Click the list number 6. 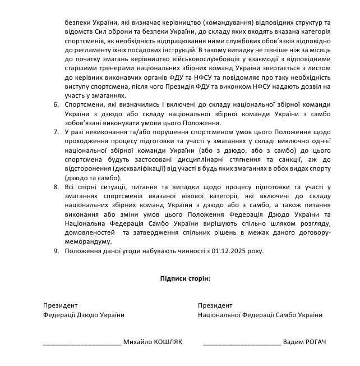pos(56,104)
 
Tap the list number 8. pos(56,186)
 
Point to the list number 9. pos(56,250)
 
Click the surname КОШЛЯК pos(167,342)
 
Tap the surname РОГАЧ pos(313,342)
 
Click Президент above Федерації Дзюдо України pos(60,305)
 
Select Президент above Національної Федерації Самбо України pos(215,305)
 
